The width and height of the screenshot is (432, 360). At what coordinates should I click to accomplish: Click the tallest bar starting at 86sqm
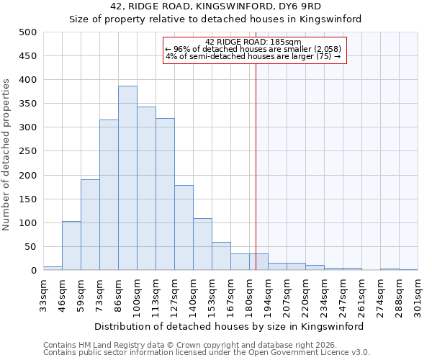coord(127,178)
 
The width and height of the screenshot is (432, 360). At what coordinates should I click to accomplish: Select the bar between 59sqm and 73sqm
coord(90,225)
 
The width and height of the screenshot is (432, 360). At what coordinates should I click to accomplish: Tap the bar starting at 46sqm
coord(71,246)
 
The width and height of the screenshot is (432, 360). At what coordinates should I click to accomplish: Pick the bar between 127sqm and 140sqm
coord(184,228)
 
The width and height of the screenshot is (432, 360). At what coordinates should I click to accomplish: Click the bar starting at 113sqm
coord(165,194)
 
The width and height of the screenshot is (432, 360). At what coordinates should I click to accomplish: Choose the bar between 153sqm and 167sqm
coord(221,256)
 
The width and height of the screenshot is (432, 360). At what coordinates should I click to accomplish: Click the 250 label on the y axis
coord(27,151)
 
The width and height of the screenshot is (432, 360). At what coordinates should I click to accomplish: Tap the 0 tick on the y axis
coord(32,271)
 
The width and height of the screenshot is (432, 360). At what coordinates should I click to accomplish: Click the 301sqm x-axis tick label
coord(418,296)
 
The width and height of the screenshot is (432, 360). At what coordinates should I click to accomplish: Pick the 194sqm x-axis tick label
coord(268,296)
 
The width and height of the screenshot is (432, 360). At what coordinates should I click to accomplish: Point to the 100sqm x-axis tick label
coord(137,296)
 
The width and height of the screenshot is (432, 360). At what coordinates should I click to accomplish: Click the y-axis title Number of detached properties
coord(7,155)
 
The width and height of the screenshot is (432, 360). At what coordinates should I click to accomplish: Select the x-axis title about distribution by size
coord(229,326)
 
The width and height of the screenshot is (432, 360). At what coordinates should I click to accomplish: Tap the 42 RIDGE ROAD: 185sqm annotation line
coord(253,42)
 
